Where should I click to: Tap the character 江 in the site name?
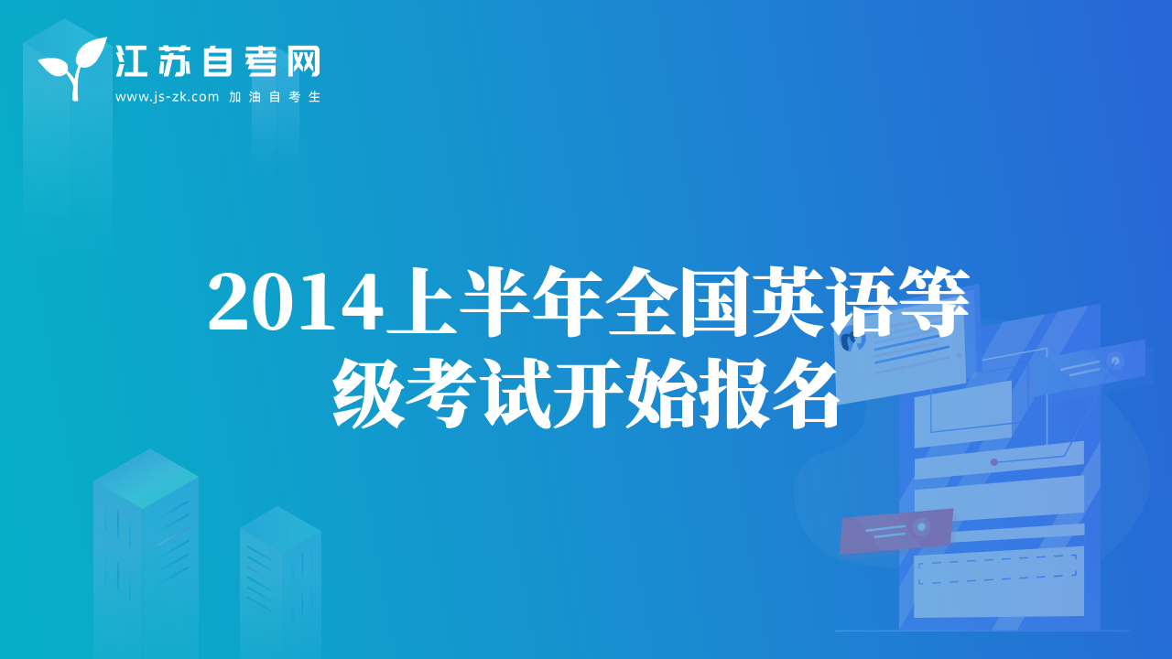coord(131,61)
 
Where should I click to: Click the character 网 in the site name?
coord(303,61)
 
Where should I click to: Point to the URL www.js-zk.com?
coord(167,97)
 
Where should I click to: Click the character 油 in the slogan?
coord(255,97)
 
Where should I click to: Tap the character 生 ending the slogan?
coord(314,97)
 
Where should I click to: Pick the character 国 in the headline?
coord(714,302)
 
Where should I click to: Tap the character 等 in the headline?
coord(933,302)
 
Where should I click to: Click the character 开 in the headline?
coord(588,394)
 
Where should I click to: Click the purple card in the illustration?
coord(895,531)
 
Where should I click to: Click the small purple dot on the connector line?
coord(994,462)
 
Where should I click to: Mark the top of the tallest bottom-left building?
coord(150,449)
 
